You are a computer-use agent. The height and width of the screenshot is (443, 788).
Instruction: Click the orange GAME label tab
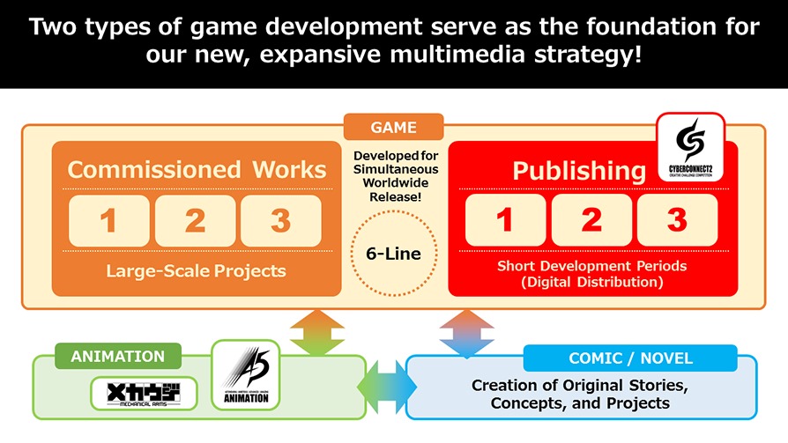pos(393,127)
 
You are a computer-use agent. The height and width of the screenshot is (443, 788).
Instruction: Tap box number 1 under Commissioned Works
pos(109,221)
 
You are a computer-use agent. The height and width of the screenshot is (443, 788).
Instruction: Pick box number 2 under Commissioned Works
pos(195,221)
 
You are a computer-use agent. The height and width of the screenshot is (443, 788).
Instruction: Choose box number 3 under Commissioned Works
pos(280,221)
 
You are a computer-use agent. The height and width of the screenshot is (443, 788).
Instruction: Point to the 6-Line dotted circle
pos(393,254)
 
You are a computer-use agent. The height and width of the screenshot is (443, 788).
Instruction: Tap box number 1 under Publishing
pos(505,220)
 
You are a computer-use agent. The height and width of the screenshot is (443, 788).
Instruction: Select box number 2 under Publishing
pos(591,220)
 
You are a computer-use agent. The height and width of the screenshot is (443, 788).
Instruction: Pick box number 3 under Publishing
pos(676,220)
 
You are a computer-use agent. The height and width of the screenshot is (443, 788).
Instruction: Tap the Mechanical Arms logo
pos(145,393)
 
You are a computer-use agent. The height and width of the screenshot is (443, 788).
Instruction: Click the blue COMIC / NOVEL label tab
pos(630,358)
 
